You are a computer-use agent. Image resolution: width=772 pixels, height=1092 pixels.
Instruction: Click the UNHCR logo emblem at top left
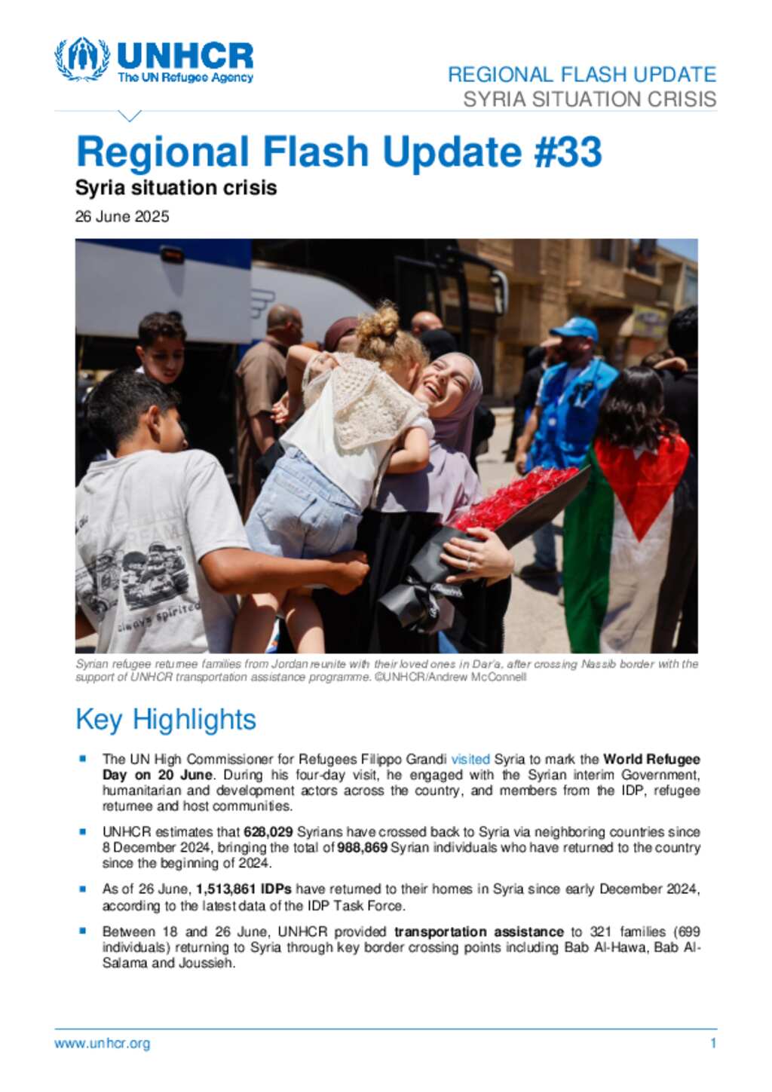81,59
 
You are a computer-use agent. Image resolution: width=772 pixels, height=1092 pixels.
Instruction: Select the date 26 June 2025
122,217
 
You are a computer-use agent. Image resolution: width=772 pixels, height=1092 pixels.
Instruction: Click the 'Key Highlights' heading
166,720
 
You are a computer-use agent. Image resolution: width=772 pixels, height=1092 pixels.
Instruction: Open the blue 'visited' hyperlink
470,759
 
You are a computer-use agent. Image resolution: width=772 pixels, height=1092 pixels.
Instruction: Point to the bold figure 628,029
268,832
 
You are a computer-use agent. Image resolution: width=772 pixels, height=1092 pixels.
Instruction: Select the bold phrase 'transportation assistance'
479,932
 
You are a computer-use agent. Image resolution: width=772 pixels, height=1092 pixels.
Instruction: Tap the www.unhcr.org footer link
103,1044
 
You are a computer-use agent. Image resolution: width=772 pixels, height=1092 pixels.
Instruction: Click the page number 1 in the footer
713,1044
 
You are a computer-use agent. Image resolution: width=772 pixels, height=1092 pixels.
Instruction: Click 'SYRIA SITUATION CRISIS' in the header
590,99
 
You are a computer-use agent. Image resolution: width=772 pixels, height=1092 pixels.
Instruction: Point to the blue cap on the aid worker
575,328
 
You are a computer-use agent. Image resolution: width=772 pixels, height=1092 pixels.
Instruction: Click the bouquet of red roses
513,498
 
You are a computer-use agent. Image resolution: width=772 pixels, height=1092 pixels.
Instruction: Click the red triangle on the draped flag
641,482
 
